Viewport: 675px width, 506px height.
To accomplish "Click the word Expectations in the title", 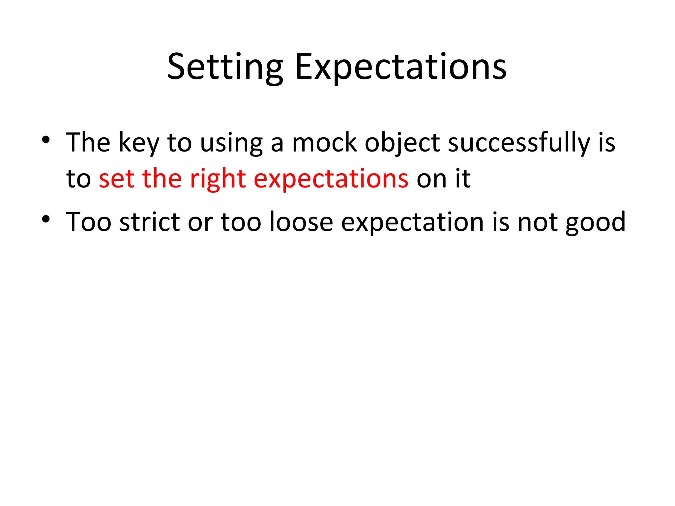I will tap(400, 67).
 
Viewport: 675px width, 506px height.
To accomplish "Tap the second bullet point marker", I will tap(46, 219).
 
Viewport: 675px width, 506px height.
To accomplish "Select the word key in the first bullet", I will tap(138, 143).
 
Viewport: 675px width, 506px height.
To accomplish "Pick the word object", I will tap(402, 143).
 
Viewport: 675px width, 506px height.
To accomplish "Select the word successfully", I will tap(519, 143).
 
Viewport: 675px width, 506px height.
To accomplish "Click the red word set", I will tap(117, 179).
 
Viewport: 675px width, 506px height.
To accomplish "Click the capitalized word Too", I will tap(89, 222).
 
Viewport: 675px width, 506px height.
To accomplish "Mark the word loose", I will tap(301, 222).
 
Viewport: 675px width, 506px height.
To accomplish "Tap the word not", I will tap(538, 222).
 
